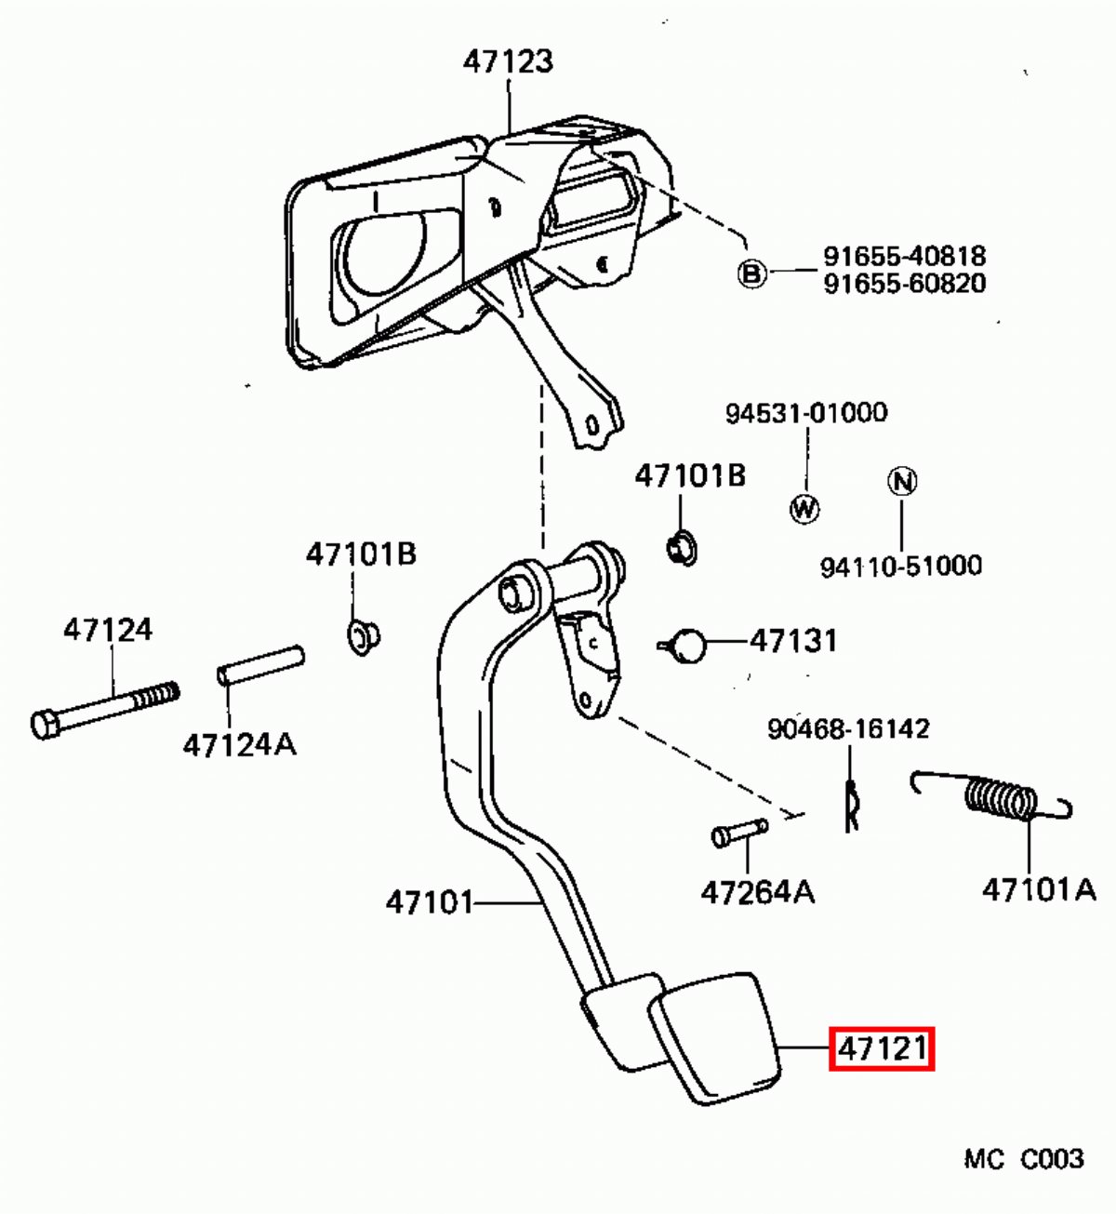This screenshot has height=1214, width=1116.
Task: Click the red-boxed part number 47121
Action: [x=882, y=1049]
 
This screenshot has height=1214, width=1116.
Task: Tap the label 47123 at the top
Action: [x=508, y=61]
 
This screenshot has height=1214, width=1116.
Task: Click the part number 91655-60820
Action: [x=904, y=284]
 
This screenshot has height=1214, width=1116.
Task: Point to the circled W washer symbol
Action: [x=804, y=508]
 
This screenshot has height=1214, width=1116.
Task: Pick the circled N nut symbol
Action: [x=901, y=481]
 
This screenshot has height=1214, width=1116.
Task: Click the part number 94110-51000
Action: [x=900, y=566]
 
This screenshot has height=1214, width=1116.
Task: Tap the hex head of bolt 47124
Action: [x=45, y=724]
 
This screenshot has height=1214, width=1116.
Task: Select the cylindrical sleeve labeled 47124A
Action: [x=260, y=665]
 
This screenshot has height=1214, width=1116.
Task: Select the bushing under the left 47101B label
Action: [x=362, y=636]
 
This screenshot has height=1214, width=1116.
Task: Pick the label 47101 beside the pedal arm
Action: [x=430, y=901]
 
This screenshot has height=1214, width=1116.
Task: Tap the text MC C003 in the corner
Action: [x=1023, y=1159]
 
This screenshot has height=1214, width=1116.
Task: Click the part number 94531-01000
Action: [x=806, y=412]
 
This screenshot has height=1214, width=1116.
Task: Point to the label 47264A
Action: [x=757, y=893]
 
